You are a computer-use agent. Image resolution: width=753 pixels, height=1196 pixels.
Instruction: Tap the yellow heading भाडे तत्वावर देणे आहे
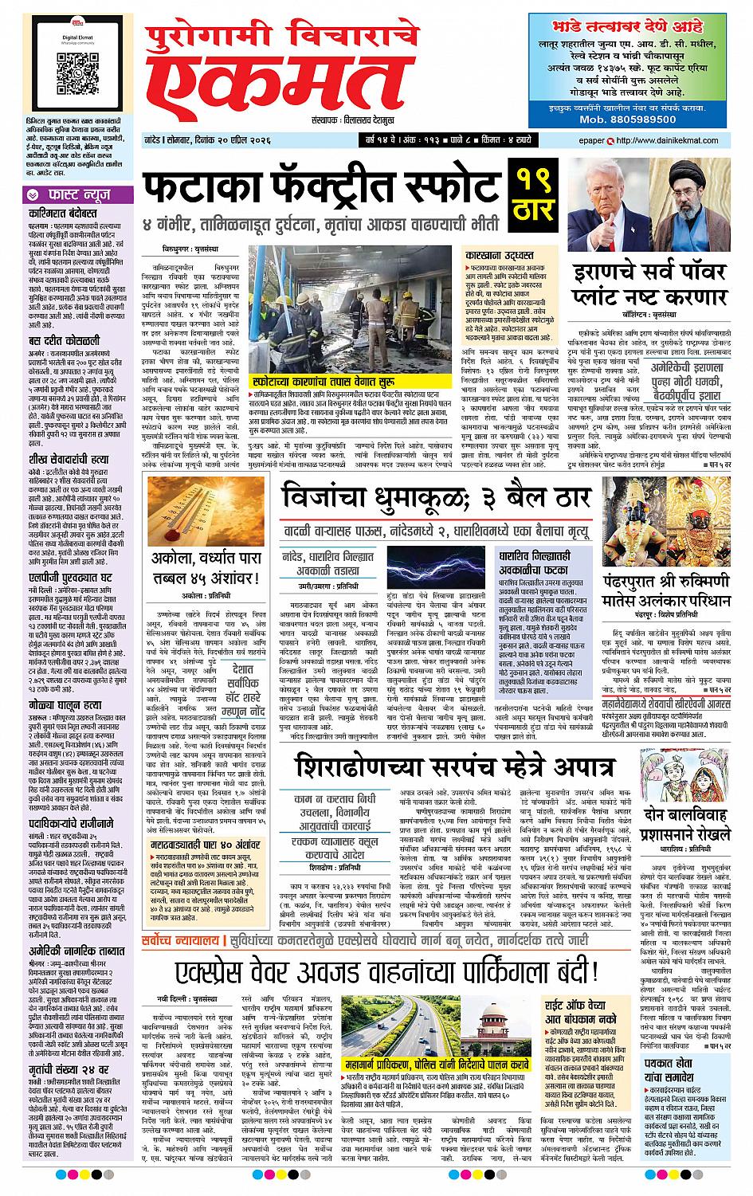click(x=629, y=26)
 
